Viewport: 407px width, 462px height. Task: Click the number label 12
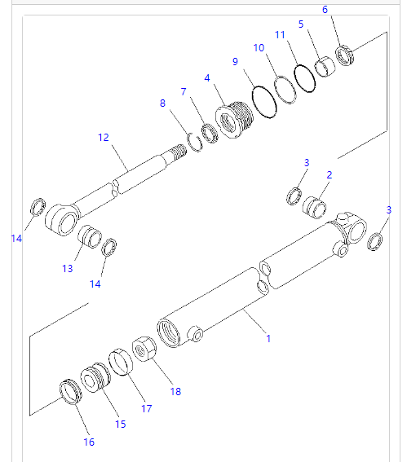[103, 138]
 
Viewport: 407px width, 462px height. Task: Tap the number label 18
[175, 391]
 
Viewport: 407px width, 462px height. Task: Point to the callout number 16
[88, 442]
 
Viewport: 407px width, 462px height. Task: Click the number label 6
[325, 10]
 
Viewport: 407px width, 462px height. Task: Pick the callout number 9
[235, 61]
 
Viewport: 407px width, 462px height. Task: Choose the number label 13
[67, 268]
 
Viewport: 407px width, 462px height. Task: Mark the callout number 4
[207, 77]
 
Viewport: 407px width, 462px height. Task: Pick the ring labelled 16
[72, 391]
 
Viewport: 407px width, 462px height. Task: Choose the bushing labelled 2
[315, 204]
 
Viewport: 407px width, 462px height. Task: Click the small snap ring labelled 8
[194, 139]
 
